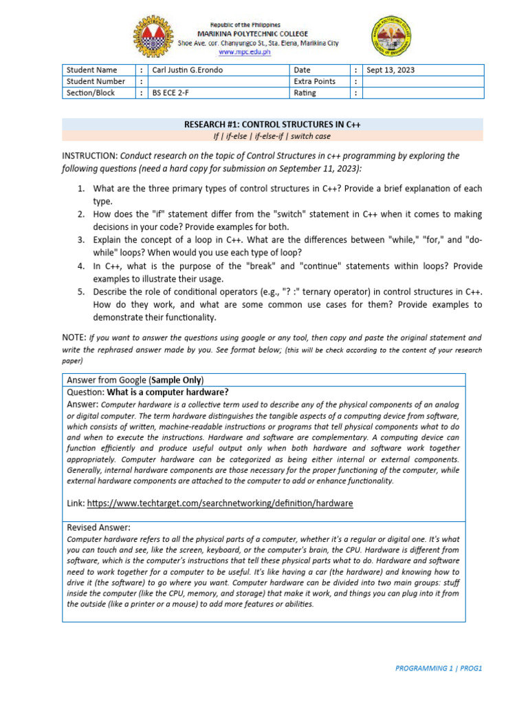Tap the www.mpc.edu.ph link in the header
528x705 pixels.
tap(245, 51)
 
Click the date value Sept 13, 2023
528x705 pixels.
tap(391, 70)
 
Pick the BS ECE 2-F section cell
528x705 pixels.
tap(169, 92)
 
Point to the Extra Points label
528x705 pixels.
tap(314, 81)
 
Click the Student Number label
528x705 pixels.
tap(96, 81)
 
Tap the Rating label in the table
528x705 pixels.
tap(305, 92)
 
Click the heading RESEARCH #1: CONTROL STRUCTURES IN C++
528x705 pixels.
tap(272, 125)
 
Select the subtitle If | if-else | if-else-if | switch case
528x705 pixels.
tap(272, 136)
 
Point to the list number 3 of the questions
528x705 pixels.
tap(80, 240)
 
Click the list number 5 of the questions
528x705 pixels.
tap(80, 291)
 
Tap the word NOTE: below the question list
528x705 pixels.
tap(74, 337)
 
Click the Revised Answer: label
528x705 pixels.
tap(98, 527)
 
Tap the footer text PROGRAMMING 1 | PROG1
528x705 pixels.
tap(439, 669)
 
